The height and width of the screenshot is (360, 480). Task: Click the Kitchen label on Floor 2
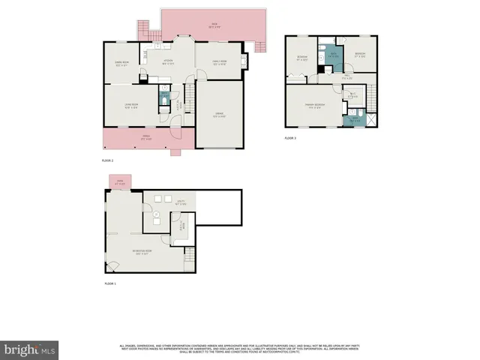[169, 62]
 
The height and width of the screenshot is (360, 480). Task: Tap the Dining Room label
[122, 63]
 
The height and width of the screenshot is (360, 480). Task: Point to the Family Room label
[218, 62]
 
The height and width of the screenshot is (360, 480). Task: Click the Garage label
[219, 115]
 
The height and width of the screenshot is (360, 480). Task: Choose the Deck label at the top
[214, 25]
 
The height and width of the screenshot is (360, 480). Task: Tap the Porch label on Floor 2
[148, 138]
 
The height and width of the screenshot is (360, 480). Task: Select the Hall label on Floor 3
[347, 76]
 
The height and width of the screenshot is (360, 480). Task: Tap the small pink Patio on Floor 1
[120, 182]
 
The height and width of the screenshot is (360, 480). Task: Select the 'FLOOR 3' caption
[290, 139]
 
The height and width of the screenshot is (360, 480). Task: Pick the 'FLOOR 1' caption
[109, 283]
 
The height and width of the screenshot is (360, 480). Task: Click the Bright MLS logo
[30, 349]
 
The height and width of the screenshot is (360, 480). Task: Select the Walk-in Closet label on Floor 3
[352, 94]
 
